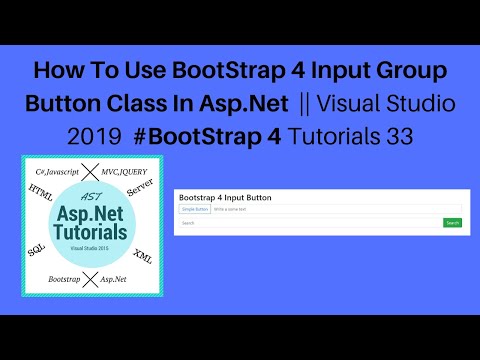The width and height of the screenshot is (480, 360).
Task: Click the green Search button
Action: pyautogui.click(x=452, y=223)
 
